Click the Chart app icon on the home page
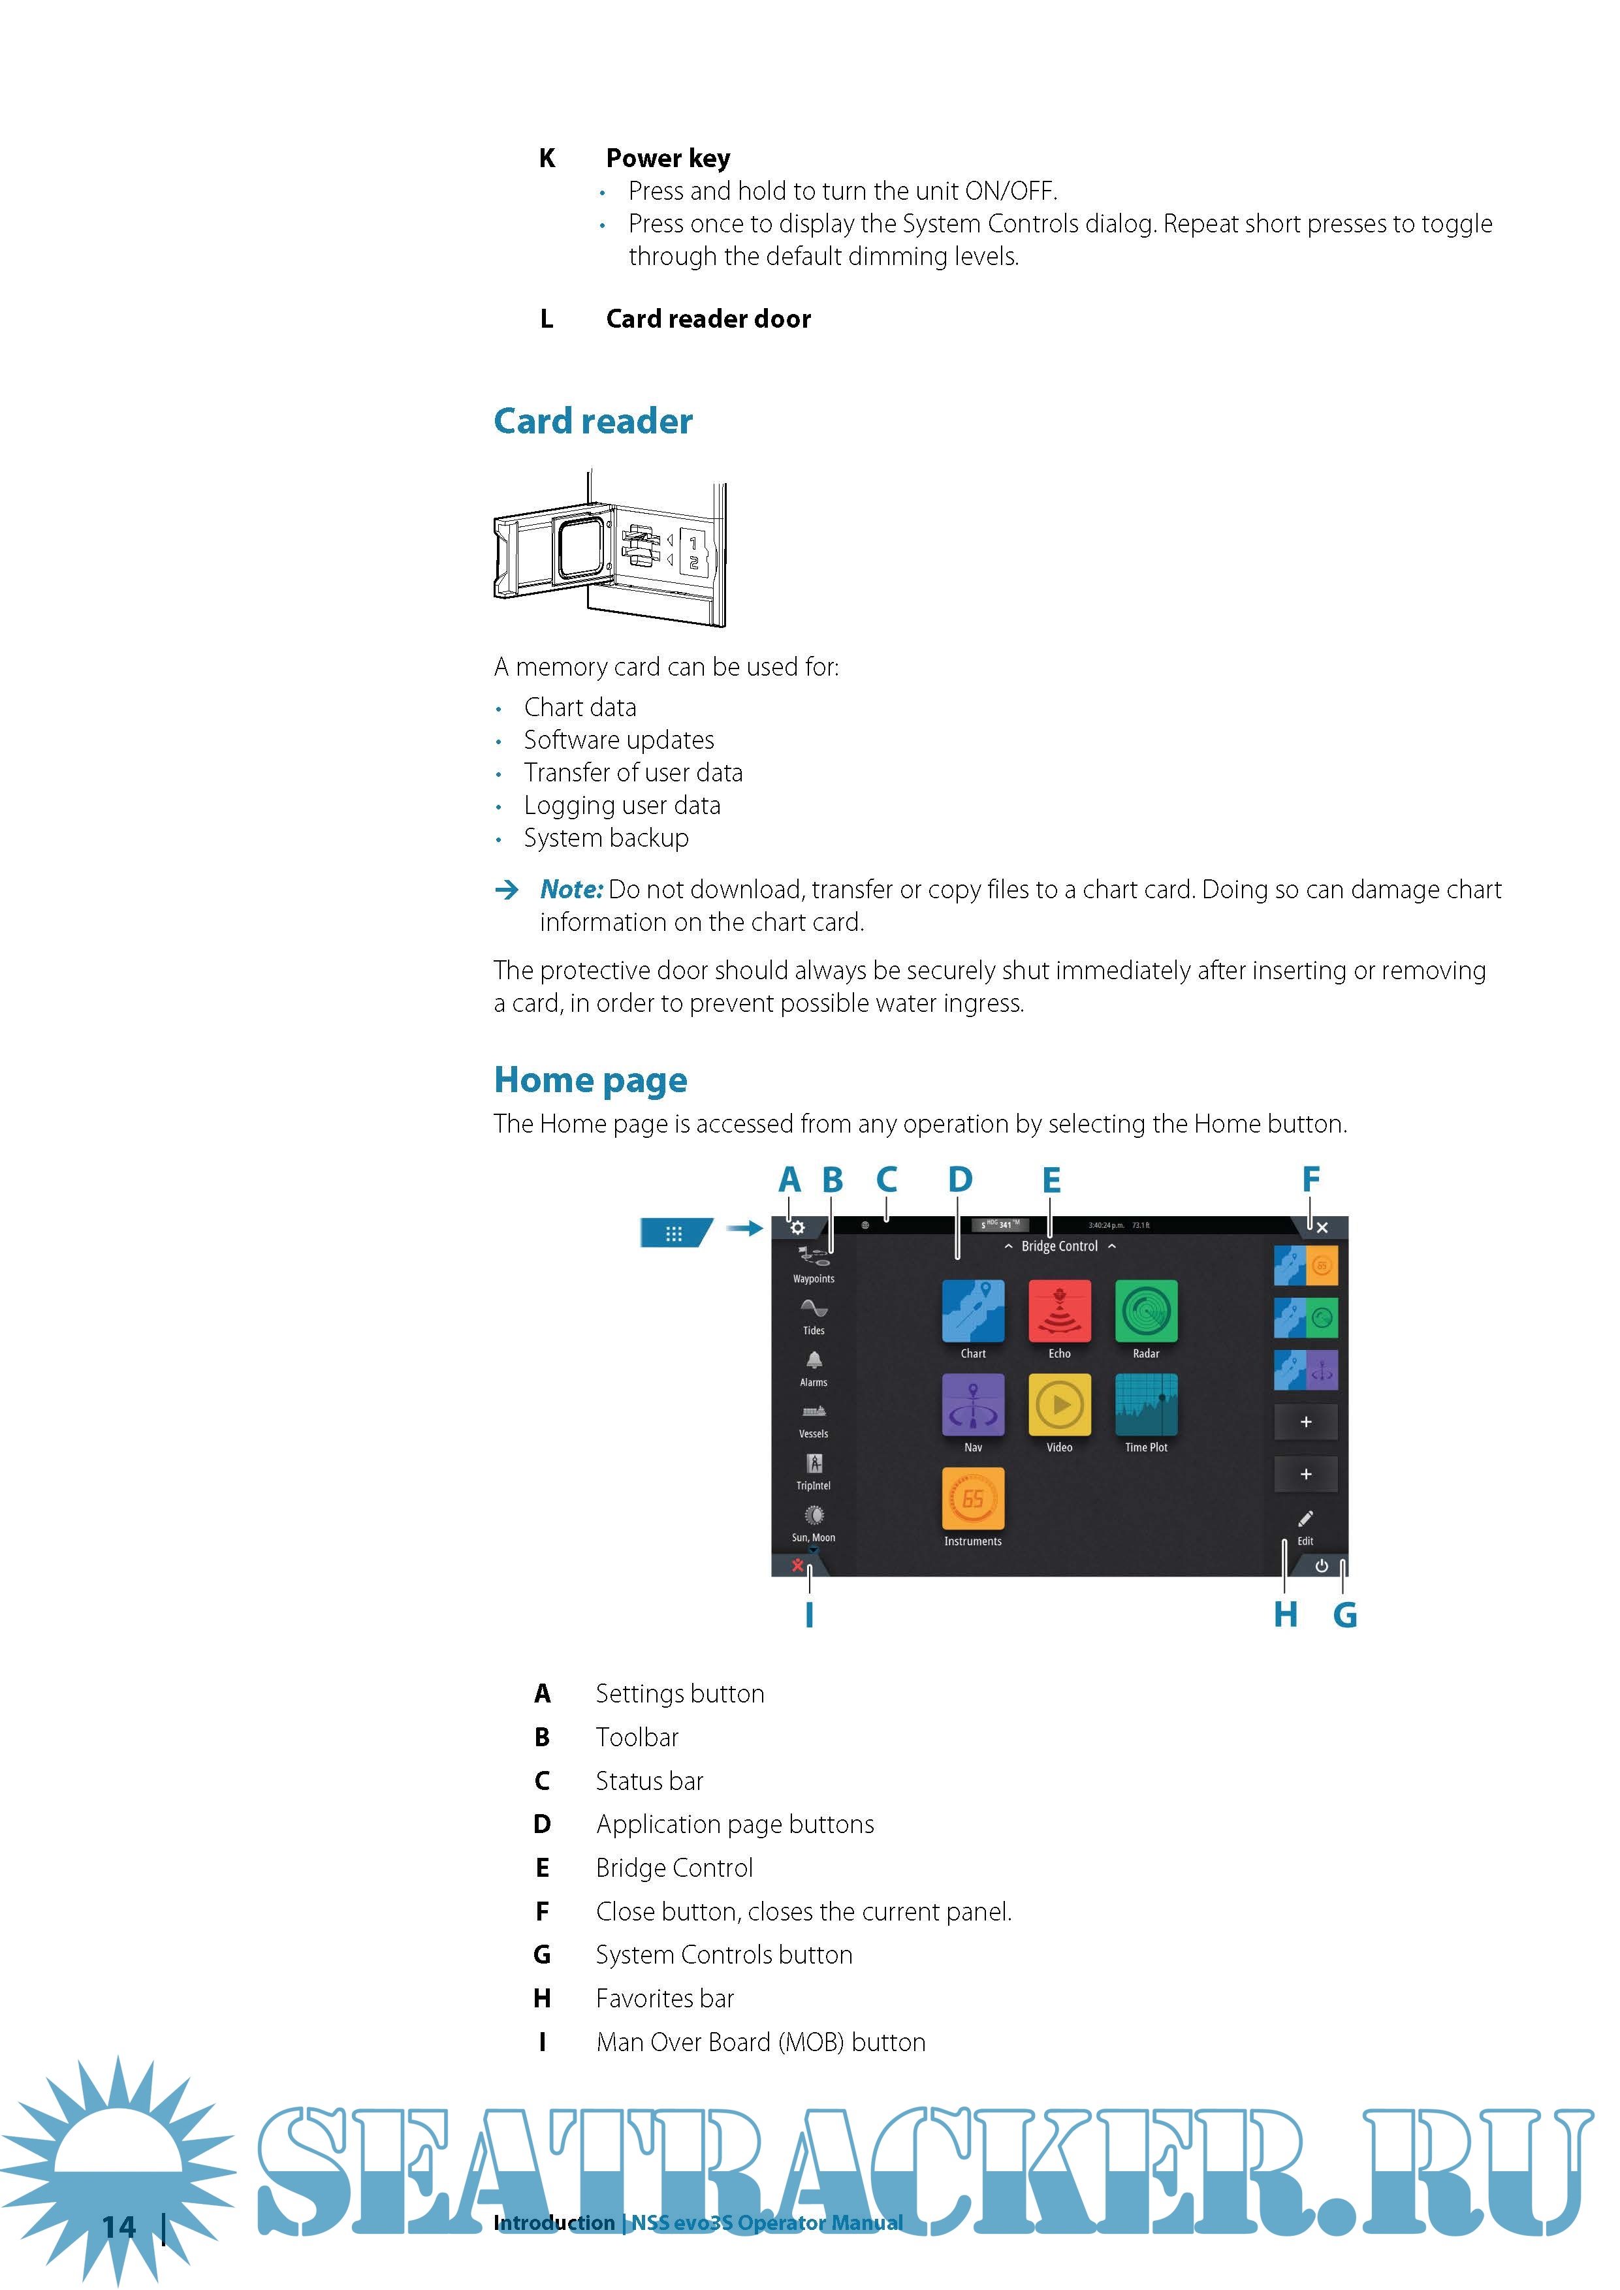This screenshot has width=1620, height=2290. (973, 1311)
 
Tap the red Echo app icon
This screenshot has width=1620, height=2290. (1059, 1311)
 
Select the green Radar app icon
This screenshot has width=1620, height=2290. (1146, 1311)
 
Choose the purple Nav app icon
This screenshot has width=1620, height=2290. (973, 1404)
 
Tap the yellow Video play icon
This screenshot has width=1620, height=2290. (1059, 1404)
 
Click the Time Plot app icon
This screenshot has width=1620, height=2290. (1146, 1404)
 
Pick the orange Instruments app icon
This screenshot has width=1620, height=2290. (973, 1498)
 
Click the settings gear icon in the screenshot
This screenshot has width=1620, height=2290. (797, 1228)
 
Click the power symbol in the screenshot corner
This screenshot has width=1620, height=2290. (1322, 1566)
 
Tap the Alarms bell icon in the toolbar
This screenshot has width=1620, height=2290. (814, 1360)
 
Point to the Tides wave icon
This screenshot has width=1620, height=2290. (814, 1309)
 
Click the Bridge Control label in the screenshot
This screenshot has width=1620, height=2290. (1059, 1247)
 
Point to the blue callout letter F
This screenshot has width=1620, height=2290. (1310, 1180)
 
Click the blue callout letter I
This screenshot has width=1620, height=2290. (809, 1615)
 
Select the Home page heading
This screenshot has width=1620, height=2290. (590, 1080)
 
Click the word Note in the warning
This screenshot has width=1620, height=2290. (571, 890)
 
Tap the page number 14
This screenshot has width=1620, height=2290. (119, 2228)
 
